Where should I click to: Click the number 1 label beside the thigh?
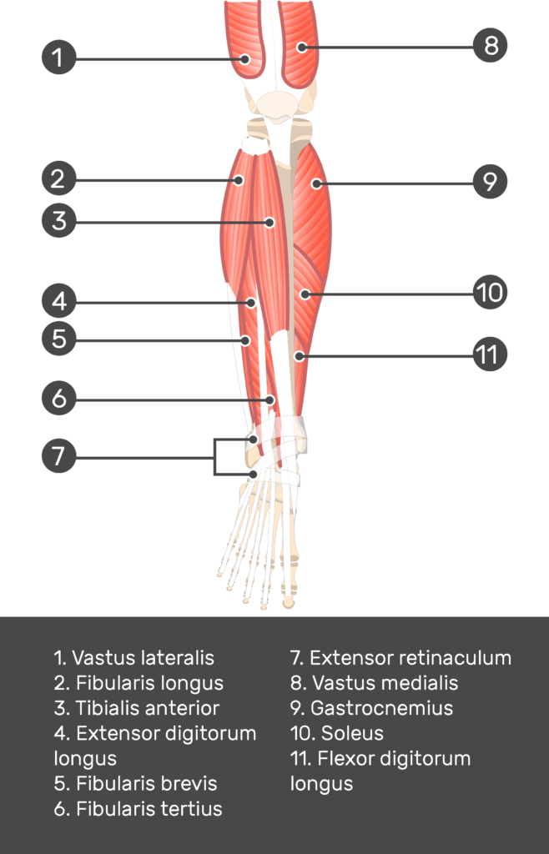click(x=57, y=58)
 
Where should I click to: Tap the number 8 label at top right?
click(x=491, y=46)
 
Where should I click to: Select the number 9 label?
click(x=490, y=181)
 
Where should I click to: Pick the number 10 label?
click(x=490, y=293)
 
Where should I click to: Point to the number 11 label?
click(x=486, y=354)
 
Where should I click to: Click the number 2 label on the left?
click(x=57, y=178)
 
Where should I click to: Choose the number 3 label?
click(x=58, y=221)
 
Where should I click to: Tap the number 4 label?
click(x=58, y=301)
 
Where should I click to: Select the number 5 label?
click(x=58, y=339)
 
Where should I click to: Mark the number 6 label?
click(x=58, y=399)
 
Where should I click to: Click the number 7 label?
click(x=58, y=456)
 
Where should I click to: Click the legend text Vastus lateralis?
click(x=133, y=658)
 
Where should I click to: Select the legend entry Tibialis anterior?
click(x=137, y=708)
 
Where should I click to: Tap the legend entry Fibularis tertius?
click(x=138, y=808)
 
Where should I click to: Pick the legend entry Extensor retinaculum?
click(x=400, y=658)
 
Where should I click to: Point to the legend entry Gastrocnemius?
click(x=372, y=708)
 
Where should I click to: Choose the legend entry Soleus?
click(x=337, y=733)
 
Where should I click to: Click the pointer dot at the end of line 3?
click(x=269, y=223)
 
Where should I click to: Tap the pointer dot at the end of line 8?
click(x=301, y=47)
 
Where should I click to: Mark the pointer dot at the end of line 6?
click(x=269, y=400)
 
